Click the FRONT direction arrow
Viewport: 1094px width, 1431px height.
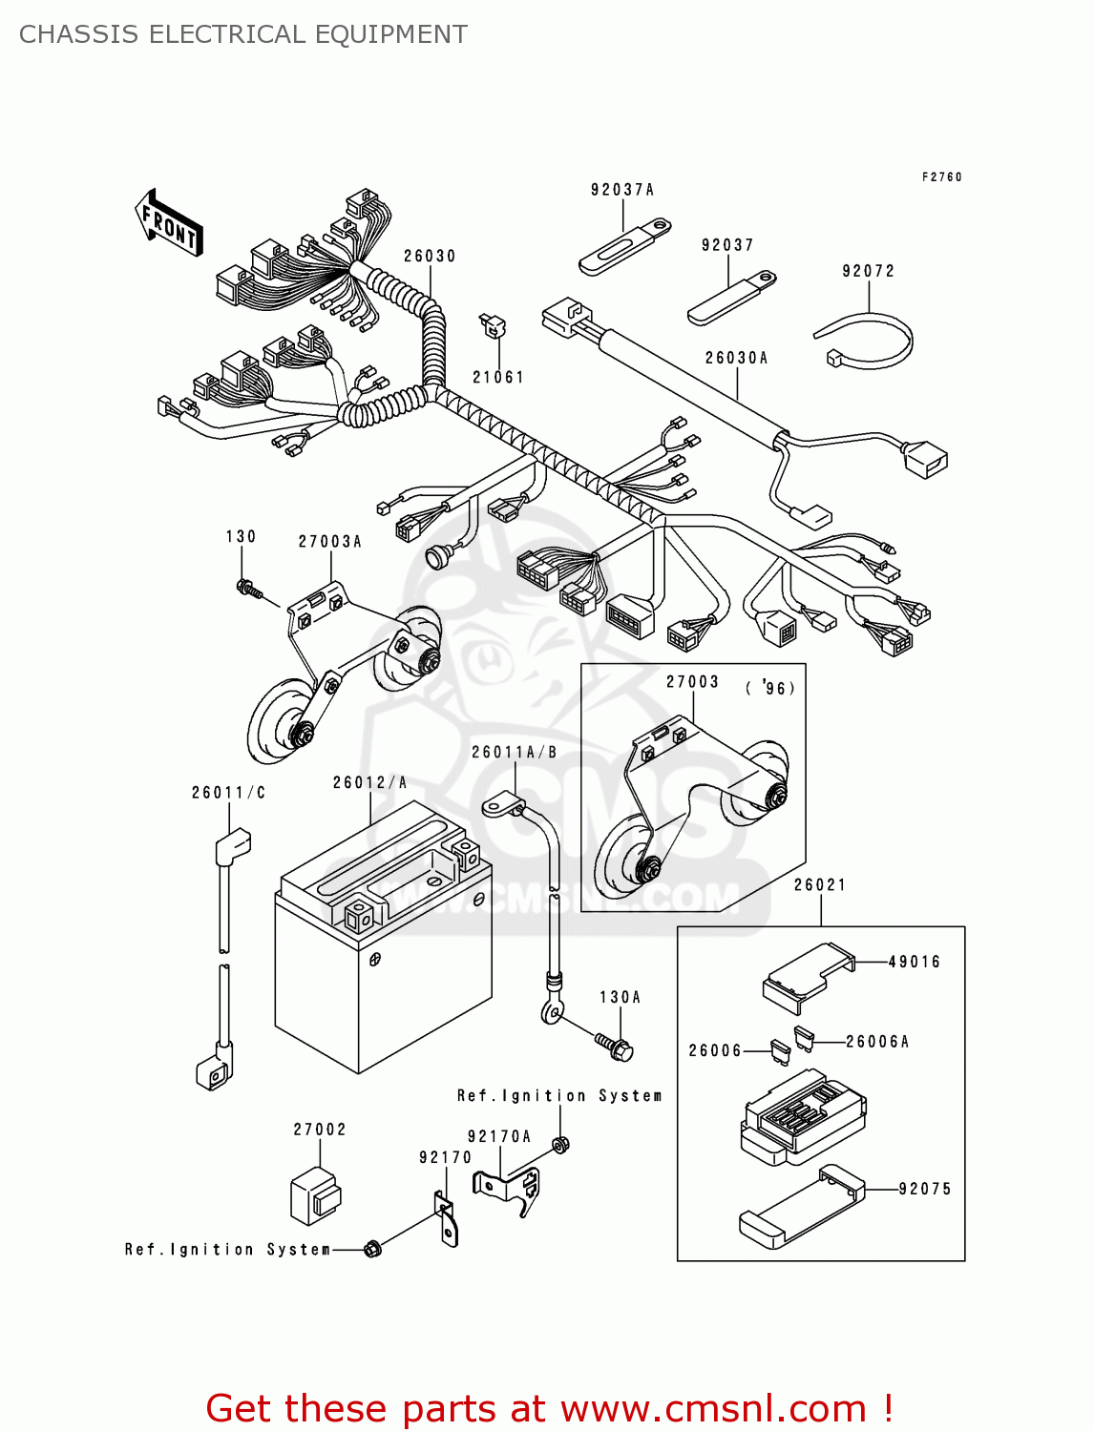point(169,223)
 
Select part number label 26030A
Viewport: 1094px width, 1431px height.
point(736,358)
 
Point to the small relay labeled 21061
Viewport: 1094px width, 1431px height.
point(494,326)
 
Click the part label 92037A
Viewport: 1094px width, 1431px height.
point(622,190)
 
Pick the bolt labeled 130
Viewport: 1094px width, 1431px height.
point(249,589)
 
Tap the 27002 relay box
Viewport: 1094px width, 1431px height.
point(315,1196)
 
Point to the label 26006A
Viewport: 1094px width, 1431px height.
point(877,1042)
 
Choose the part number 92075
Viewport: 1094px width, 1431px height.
point(925,1189)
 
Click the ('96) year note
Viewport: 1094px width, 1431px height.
point(770,688)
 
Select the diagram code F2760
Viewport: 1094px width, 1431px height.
point(942,176)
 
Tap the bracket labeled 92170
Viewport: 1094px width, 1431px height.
point(446,1220)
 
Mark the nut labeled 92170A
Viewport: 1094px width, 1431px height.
point(562,1145)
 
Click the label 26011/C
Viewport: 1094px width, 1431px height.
point(228,793)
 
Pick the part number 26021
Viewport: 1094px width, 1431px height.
point(820,885)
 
